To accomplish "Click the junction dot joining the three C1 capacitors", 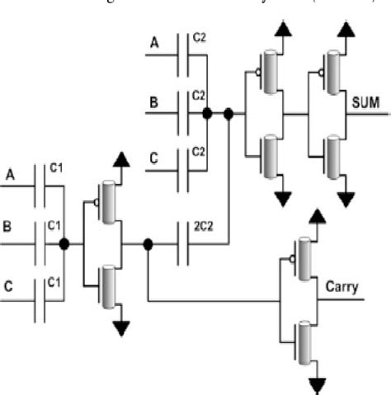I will pos(64,244).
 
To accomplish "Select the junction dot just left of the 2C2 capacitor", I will pos(148,244).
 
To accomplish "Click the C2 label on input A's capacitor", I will pos(199,38).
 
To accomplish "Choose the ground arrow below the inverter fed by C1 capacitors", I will pos(121,329).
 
